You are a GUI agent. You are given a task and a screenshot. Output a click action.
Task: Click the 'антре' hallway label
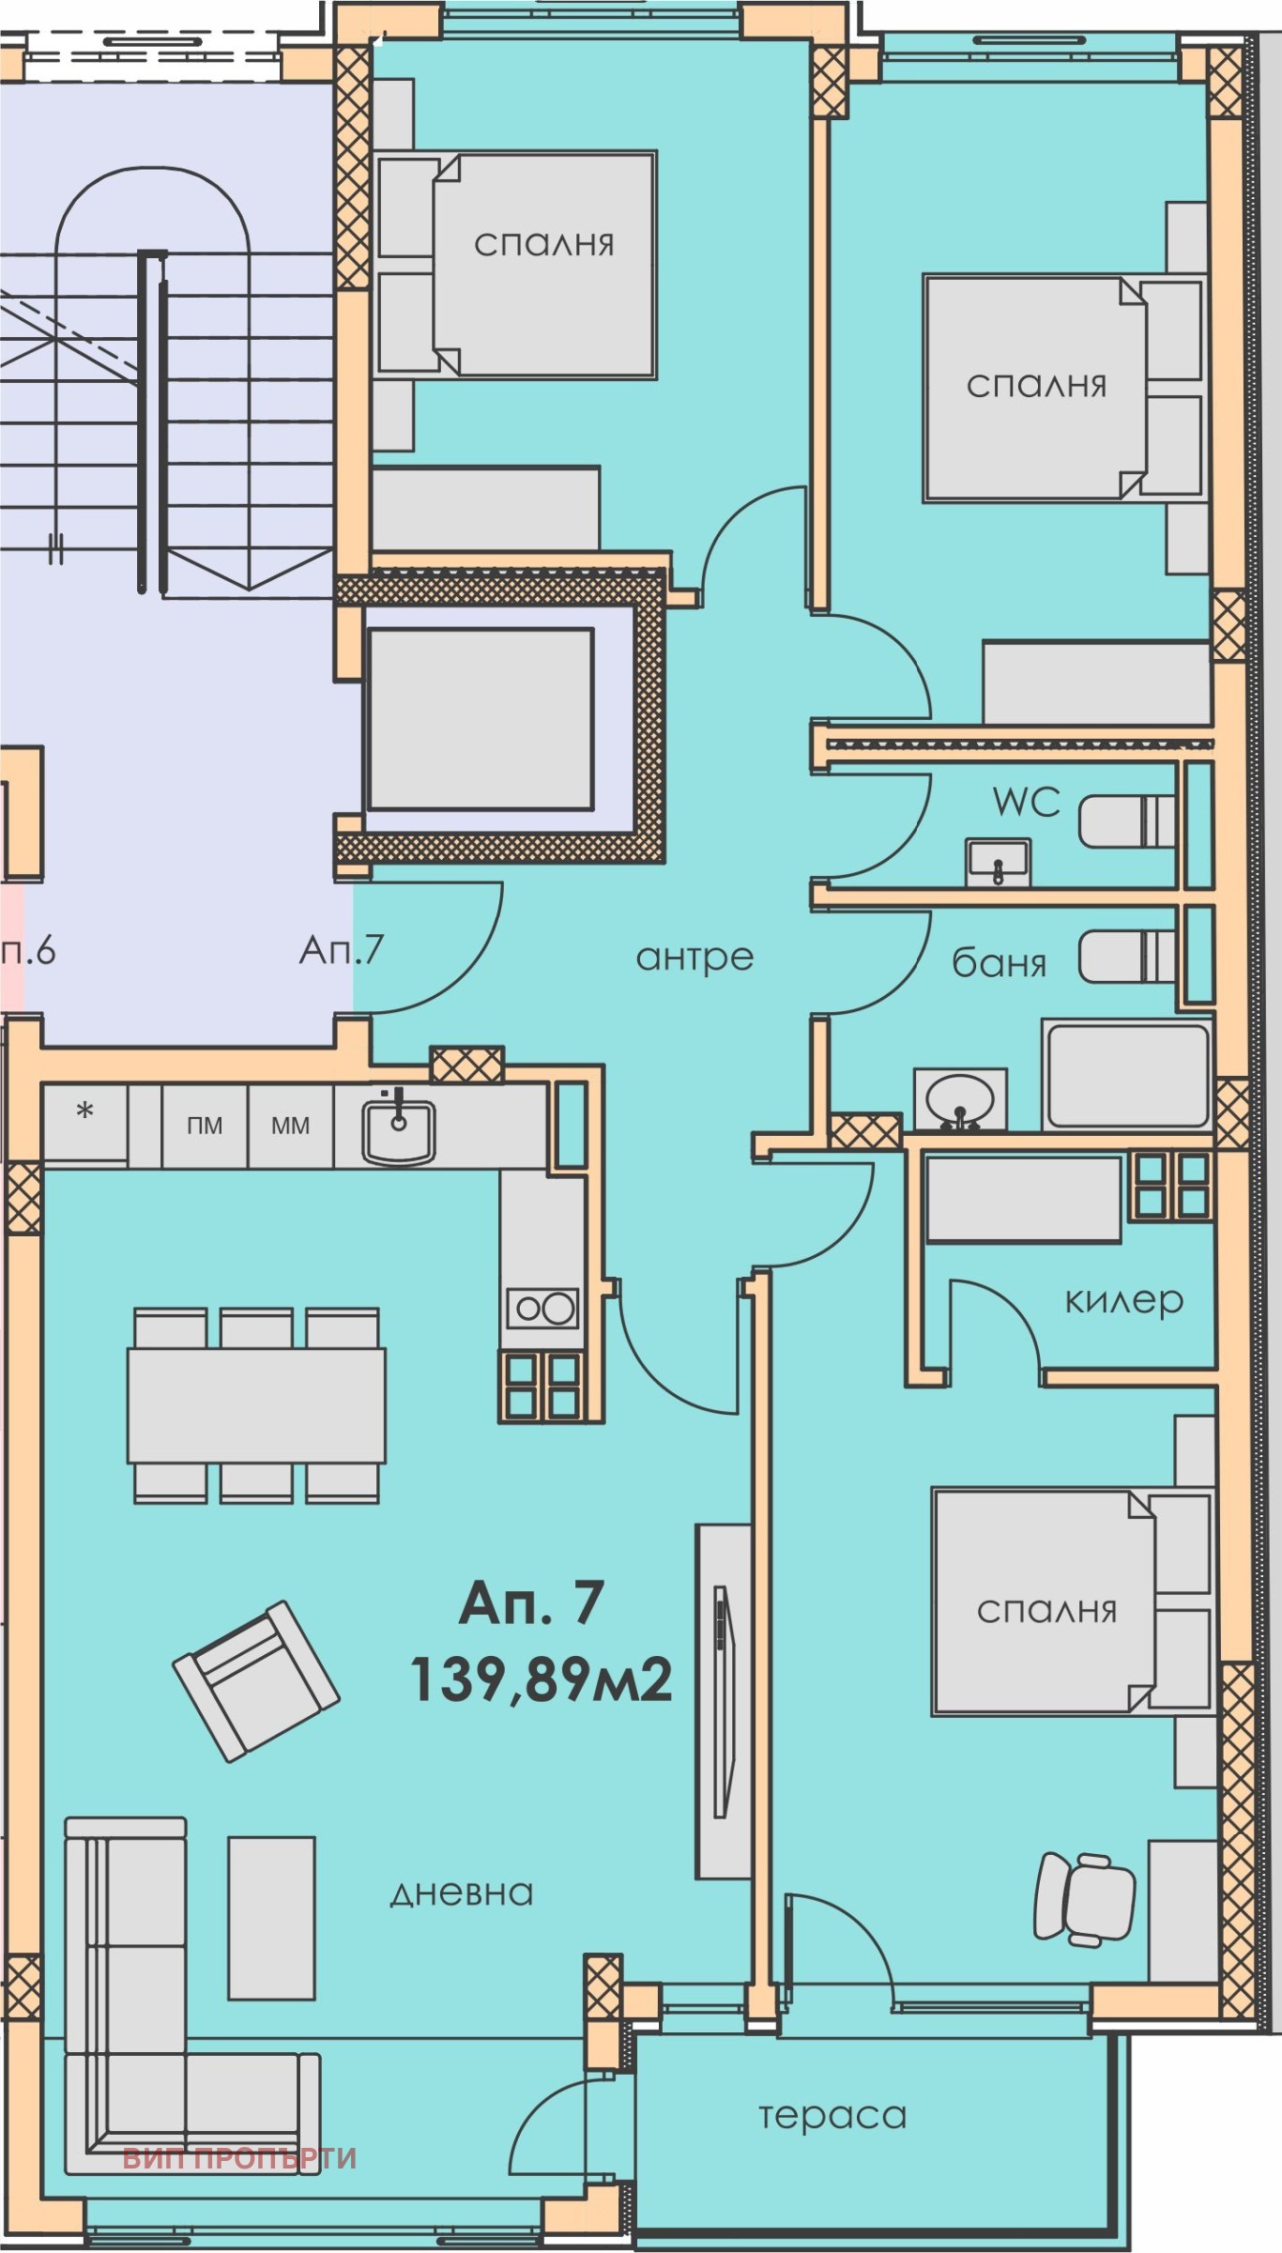point(694,957)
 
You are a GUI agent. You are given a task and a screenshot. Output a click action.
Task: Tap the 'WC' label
point(1027,803)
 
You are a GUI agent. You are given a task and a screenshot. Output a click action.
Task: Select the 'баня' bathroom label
point(999,963)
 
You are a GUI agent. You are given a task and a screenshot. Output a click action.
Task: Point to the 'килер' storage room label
point(1123,1300)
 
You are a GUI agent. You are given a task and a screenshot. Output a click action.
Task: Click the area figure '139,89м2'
point(542,1679)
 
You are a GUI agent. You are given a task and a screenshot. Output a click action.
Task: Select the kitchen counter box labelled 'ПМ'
point(205,1126)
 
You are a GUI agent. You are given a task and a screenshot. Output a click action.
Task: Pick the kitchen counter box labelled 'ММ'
point(290,1126)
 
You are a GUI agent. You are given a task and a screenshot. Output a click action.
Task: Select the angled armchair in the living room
point(256,1680)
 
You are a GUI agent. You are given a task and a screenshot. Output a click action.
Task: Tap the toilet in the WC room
point(1126,822)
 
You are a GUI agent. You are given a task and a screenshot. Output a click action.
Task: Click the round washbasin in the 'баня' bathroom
point(959,1099)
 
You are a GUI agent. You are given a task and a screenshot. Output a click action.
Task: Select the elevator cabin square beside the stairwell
point(480,720)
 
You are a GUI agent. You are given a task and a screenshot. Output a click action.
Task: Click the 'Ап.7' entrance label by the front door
point(342,951)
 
